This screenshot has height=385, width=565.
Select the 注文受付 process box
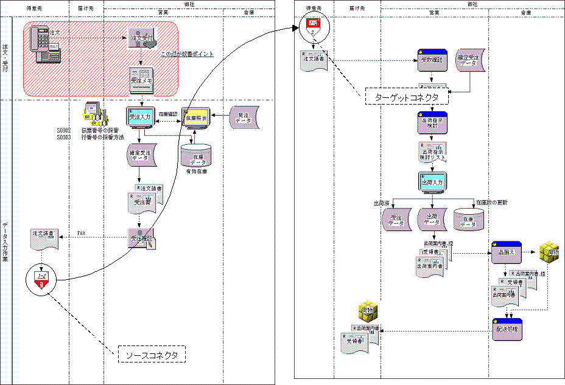(141, 38)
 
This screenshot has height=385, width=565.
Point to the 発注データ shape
(245, 118)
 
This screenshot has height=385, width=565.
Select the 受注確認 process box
(141, 238)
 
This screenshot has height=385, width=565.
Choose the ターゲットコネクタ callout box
(407, 97)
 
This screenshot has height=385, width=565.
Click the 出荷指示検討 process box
(432, 123)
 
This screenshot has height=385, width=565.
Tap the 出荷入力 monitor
(432, 182)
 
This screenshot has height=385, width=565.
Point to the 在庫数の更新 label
(492, 202)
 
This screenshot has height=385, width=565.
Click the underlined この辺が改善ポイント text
(187, 54)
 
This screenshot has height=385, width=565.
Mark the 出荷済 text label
(382, 203)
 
